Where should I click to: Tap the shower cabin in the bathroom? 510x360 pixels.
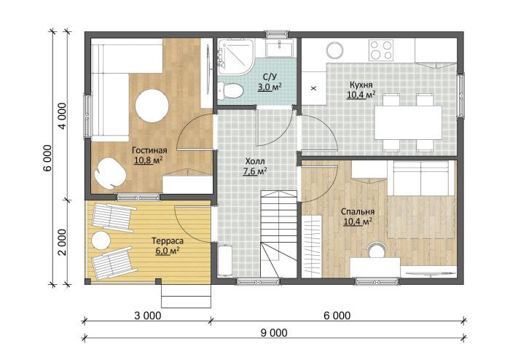click(x=236, y=57)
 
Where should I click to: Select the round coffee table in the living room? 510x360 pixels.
click(x=152, y=106)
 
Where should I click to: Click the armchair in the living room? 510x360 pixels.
click(x=110, y=173)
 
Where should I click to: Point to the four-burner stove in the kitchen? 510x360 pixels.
click(x=381, y=50)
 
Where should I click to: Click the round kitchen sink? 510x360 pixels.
click(x=335, y=50)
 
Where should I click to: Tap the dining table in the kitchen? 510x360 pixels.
click(x=408, y=122)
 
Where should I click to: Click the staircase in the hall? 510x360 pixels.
click(x=279, y=234)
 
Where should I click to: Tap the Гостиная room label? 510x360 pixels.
click(x=149, y=150)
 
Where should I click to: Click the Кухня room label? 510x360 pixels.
click(x=361, y=85)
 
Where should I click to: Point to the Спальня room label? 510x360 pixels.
click(x=358, y=212)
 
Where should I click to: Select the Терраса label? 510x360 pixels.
click(x=168, y=241)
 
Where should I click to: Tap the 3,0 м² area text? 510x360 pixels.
click(x=270, y=87)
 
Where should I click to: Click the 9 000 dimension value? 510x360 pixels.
click(x=274, y=333)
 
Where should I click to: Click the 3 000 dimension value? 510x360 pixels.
click(x=148, y=316)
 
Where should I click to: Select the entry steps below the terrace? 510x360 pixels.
click(x=187, y=297)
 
